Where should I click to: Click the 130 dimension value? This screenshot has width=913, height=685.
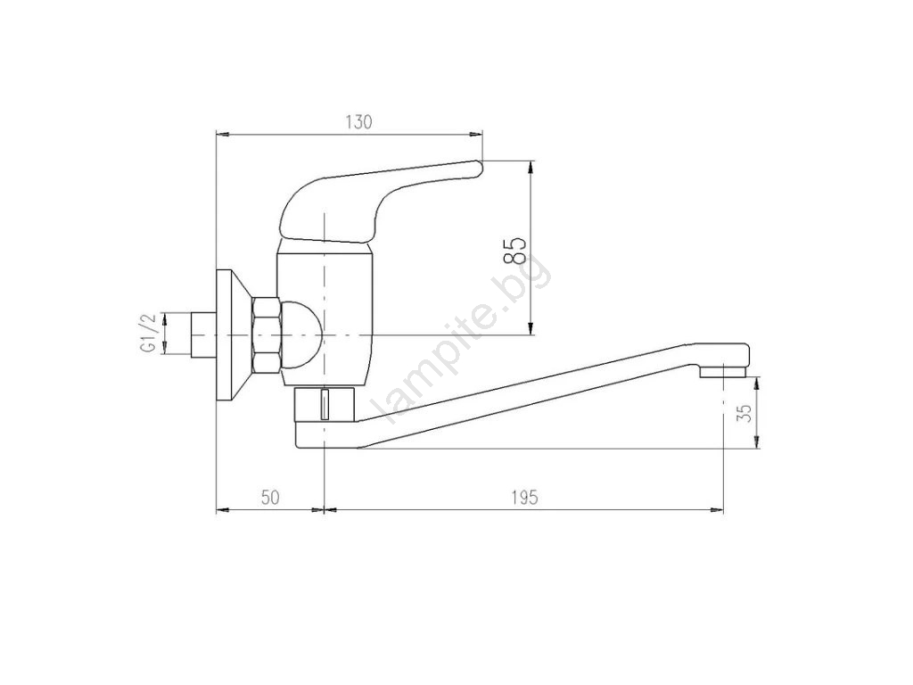click(358, 122)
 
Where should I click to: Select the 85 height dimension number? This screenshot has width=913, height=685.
click(515, 251)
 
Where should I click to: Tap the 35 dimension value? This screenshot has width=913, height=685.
click(744, 413)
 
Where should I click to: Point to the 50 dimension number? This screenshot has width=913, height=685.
click(270, 498)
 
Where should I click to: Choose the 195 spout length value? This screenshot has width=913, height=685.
click(525, 498)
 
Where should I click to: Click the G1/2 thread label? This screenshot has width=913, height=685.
click(148, 334)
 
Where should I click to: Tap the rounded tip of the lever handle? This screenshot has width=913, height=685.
click(479, 169)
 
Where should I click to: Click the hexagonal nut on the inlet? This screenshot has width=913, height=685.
click(267, 335)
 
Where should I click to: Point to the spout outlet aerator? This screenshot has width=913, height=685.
click(723, 371)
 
